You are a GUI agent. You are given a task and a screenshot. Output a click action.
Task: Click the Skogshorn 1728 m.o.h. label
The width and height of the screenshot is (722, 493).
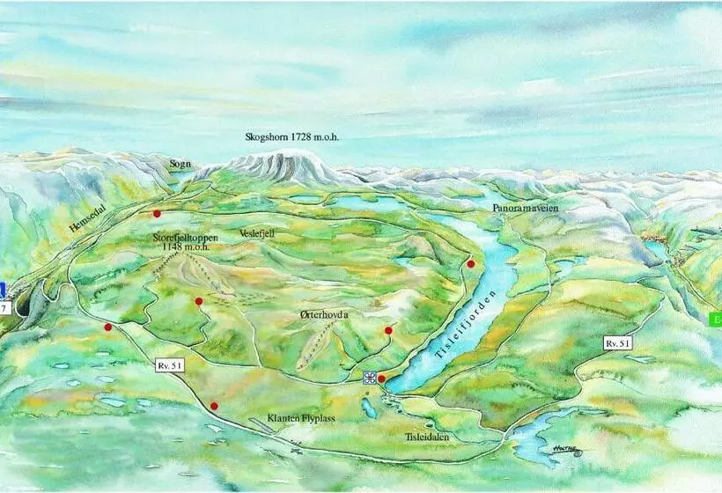[291, 137]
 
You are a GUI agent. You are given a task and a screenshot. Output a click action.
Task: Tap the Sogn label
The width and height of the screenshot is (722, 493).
[180, 163]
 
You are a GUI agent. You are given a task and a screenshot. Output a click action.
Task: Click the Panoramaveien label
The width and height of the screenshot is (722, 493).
[527, 207]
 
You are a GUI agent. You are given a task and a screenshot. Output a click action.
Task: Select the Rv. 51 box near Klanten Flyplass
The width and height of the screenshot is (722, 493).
[171, 364]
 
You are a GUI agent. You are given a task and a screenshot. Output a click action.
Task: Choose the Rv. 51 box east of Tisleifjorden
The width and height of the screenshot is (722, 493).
[617, 342]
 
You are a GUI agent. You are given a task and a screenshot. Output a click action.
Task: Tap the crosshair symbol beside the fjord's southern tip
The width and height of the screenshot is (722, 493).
[369, 378]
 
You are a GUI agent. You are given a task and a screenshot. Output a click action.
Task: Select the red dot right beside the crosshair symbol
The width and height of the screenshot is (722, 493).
[381, 379]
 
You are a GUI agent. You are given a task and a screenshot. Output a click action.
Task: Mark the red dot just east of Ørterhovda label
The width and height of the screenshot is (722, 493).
[388, 330]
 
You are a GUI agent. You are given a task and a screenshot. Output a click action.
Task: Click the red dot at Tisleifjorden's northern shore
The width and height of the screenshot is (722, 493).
[471, 263]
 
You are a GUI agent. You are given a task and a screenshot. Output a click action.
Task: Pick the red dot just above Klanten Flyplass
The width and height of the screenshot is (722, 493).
[214, 406]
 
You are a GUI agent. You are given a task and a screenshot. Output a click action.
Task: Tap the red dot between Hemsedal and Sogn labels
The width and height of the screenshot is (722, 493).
[157, 213]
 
